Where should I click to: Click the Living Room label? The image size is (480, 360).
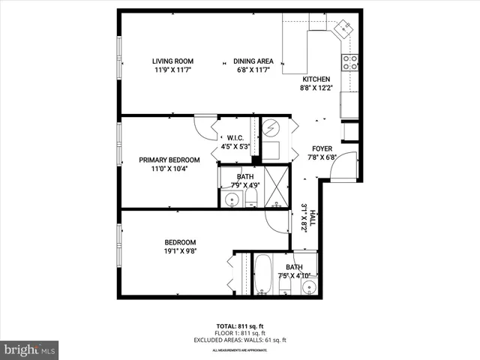173,61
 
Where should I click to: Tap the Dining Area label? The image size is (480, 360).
253,61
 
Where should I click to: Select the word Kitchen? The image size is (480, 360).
316,79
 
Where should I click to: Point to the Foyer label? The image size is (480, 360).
322,148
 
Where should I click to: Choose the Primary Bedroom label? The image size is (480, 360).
169,160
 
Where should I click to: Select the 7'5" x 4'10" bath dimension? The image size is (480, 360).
294,275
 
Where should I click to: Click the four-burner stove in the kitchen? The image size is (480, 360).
350,63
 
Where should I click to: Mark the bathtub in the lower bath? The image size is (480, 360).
263,275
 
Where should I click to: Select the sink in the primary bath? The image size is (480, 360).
232,200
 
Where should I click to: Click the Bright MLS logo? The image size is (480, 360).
30,349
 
